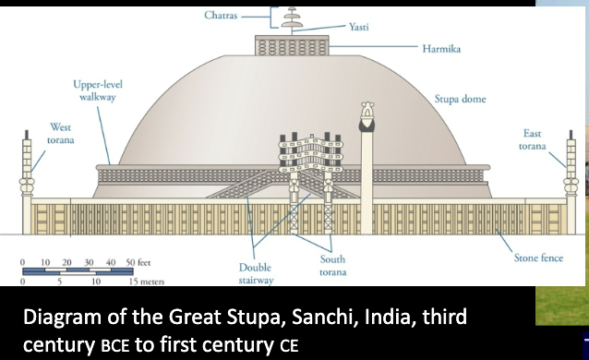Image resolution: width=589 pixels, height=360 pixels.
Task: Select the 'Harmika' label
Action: [441, 48]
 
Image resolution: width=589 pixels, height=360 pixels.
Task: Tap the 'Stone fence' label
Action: [538, 258]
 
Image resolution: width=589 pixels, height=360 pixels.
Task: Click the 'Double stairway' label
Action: [255, 272]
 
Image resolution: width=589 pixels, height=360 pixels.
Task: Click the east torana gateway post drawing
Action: [570, 171]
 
